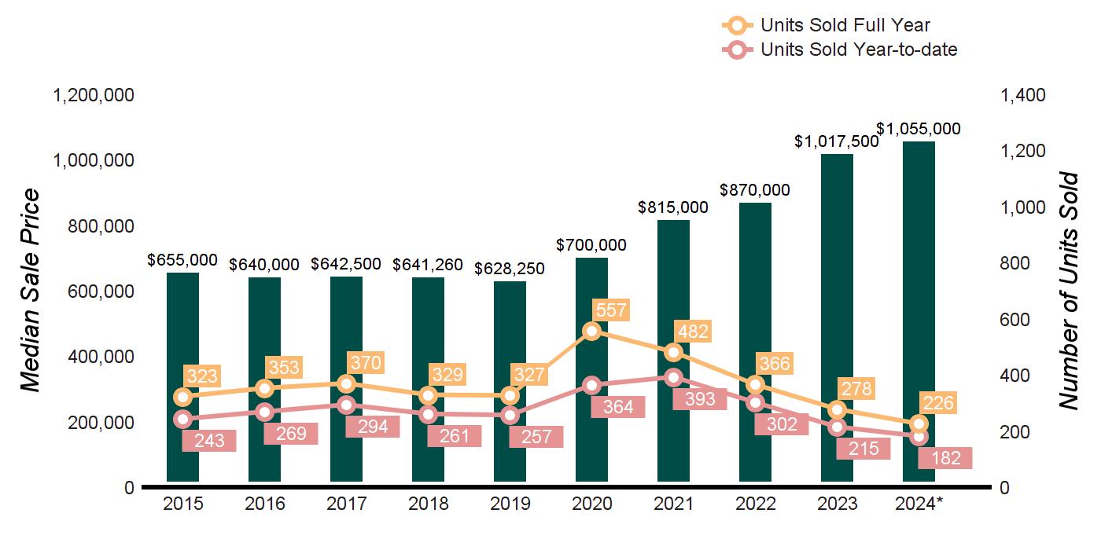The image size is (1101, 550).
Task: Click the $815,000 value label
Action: point(672,208)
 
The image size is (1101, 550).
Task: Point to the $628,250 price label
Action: point(509,269)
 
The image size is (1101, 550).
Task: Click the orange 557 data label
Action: point(611,310)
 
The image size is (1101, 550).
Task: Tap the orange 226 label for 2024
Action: point(937,404)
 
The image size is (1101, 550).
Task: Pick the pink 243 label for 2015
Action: point(208,441)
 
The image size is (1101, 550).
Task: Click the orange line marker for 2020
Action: point(592,331)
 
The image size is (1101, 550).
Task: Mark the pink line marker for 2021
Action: point(673,377)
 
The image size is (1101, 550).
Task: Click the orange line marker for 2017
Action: point(346,383)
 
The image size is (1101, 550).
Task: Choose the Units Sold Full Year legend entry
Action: point(845,25)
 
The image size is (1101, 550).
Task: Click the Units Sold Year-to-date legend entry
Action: point(858,50)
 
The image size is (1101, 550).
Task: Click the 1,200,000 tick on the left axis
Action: point(93,96)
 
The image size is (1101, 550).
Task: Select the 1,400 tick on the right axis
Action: point(1023,96)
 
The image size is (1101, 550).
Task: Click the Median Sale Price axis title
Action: point(30,291)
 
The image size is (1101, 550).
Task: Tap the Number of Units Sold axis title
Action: point(1068,291)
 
